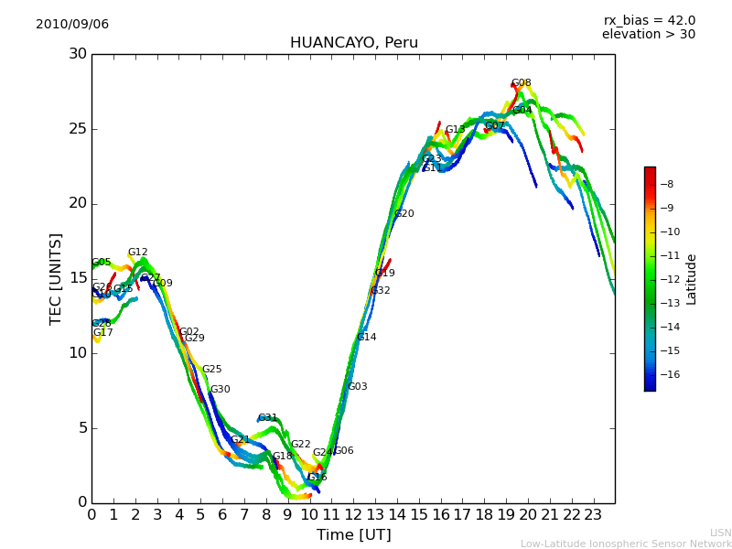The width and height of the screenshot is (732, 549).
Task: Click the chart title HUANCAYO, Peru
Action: (353, 43)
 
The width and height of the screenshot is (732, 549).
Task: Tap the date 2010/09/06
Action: (72, 24)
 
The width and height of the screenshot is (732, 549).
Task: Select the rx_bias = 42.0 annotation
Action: (649, 20)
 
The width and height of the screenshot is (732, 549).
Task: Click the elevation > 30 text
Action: (648, 35)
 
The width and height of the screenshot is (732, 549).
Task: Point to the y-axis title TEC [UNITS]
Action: (56, 278)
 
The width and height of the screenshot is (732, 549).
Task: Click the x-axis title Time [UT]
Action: (353, 534)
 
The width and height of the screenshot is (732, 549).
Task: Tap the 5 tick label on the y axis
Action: (81, 428)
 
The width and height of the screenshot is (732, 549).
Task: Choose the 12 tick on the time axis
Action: (353, 514)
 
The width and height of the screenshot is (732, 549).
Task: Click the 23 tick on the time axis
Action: (593, 514)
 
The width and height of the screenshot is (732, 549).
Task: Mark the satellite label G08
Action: (521, 83)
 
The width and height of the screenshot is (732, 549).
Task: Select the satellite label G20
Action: (404, 214)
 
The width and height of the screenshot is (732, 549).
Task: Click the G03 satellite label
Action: (357, 387)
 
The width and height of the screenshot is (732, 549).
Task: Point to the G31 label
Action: (267, 418)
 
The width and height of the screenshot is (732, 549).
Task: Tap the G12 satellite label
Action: (137, 253)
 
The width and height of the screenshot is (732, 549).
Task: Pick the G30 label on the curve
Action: (220, 390)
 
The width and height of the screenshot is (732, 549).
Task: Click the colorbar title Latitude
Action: (692, 279)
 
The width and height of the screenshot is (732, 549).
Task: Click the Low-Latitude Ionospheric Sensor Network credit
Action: (626, 544)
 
